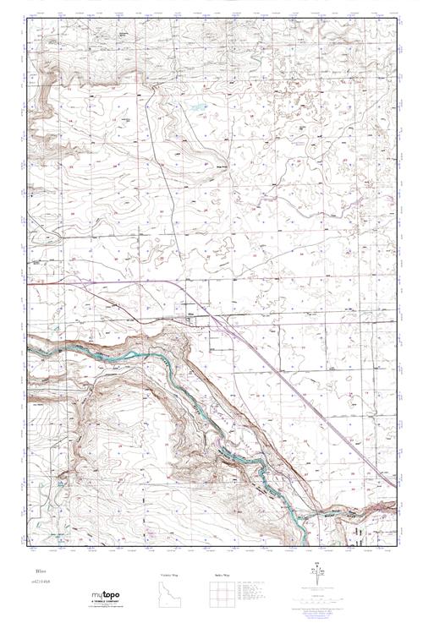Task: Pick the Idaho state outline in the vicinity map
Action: click(169, 595)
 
